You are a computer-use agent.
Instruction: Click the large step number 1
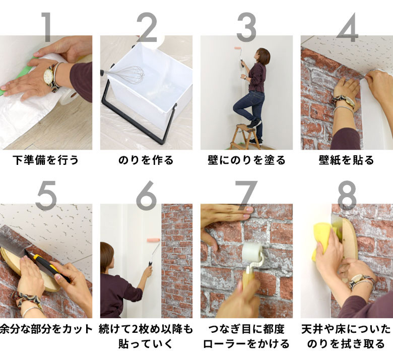click(46, 26)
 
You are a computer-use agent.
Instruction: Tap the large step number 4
click(347, 26)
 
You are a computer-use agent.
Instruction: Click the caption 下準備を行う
click(46, 160)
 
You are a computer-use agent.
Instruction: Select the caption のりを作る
click(146, 160)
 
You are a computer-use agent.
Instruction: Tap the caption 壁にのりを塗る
click(246, 160)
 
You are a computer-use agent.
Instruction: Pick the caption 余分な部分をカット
click(46, 329)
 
